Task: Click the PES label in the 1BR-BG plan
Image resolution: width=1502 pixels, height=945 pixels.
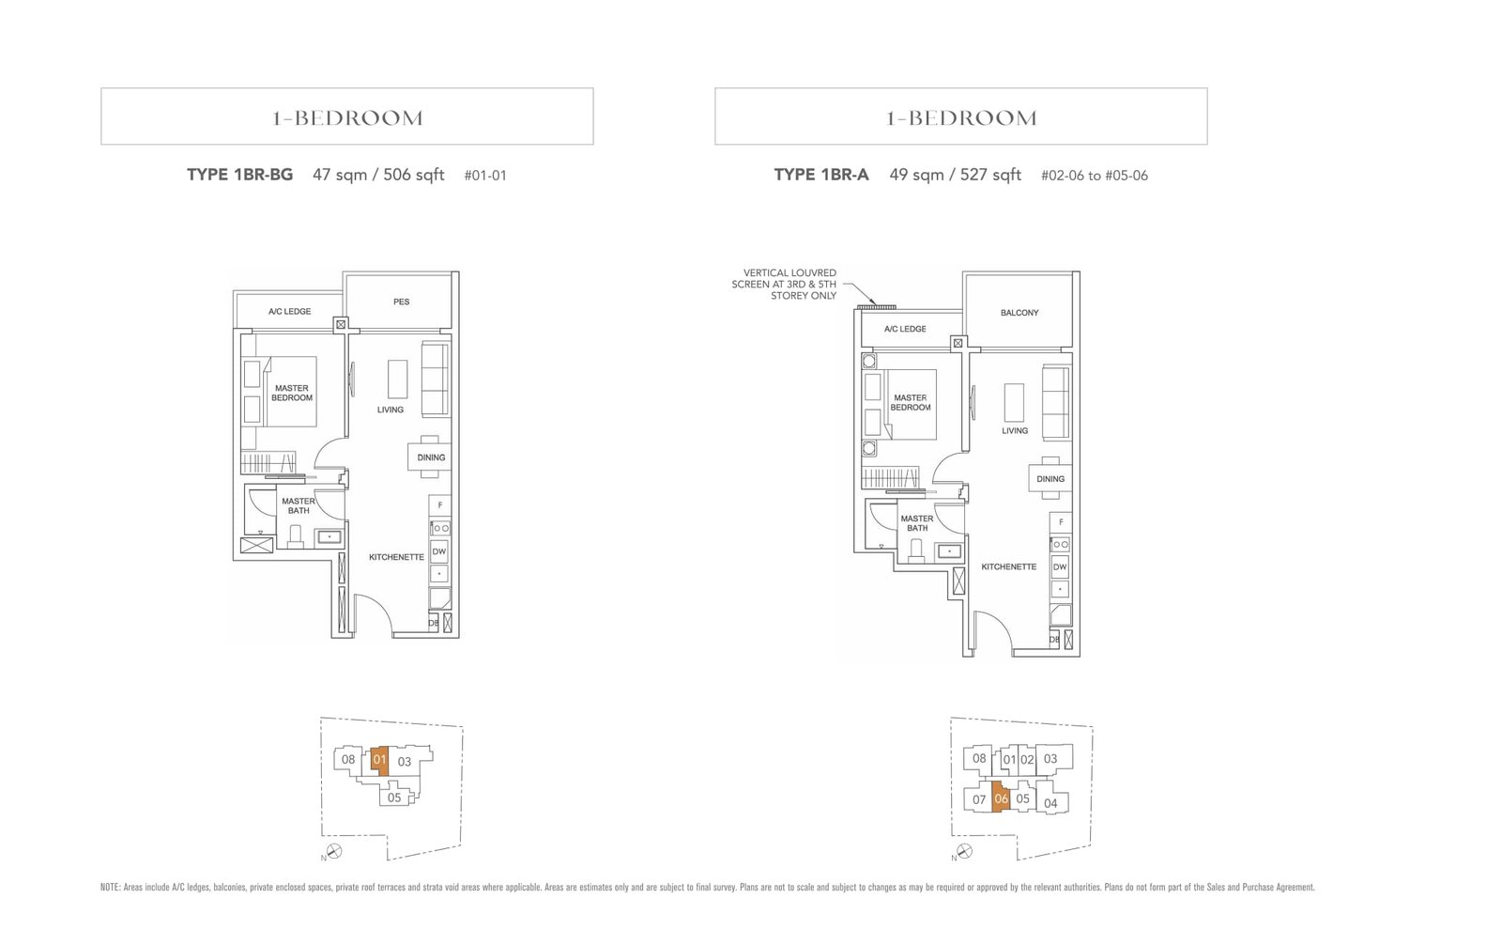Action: click(x=401, y=302)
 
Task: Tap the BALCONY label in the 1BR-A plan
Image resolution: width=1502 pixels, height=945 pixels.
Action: click(x=1019, y=313)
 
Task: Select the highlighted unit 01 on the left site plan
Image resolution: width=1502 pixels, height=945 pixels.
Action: click(x=379, y=760)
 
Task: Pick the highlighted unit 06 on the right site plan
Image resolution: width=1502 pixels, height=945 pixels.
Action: click(x=1001, y=798)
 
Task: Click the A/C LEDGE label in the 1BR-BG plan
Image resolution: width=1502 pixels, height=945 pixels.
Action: click(x=289, y=311)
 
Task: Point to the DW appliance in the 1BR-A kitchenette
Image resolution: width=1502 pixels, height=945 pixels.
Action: click(x=1060, y=566)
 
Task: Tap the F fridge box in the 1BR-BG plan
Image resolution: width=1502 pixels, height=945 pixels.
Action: click(x=439, y=505)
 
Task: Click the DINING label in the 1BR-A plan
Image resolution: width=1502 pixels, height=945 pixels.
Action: click(x=1050, y=479)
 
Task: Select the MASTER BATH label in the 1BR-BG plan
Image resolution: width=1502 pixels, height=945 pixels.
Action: click(x=299, y=505)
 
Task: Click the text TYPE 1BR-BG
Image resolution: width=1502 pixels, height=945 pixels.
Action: click(x=239, y=175)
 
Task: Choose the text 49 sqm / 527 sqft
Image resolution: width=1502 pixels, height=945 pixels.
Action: click(x=955, y=175)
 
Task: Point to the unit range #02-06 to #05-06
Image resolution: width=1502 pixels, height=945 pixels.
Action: click(x=1094, y=176)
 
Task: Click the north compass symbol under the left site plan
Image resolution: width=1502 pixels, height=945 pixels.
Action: click(x=334, y=851)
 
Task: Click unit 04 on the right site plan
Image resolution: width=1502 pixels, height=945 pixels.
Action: click(x=1050, y=803)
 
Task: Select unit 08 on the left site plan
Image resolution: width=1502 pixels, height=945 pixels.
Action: click(x=348, y=760)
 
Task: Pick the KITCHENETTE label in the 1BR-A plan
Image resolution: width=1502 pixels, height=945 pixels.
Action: click(x=1008, y=566)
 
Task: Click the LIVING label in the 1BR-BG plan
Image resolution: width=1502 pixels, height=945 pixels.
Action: click(x=391, y=410)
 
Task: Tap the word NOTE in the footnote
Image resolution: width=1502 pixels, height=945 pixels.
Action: click(x=110, y=887)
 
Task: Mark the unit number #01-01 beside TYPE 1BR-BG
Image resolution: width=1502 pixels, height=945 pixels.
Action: click(x=484, y=176)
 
